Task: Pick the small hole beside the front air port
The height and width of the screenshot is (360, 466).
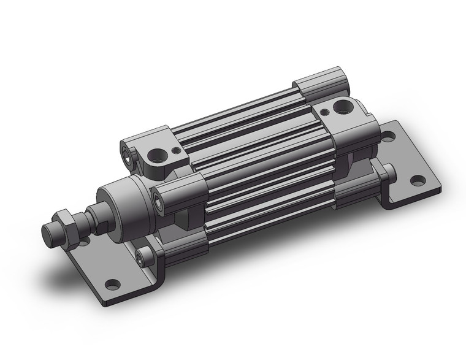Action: coord(178,148)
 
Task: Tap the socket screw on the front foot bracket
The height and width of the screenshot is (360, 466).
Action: coord(143,256)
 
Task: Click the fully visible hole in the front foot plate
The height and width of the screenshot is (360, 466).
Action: coord(112,284)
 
